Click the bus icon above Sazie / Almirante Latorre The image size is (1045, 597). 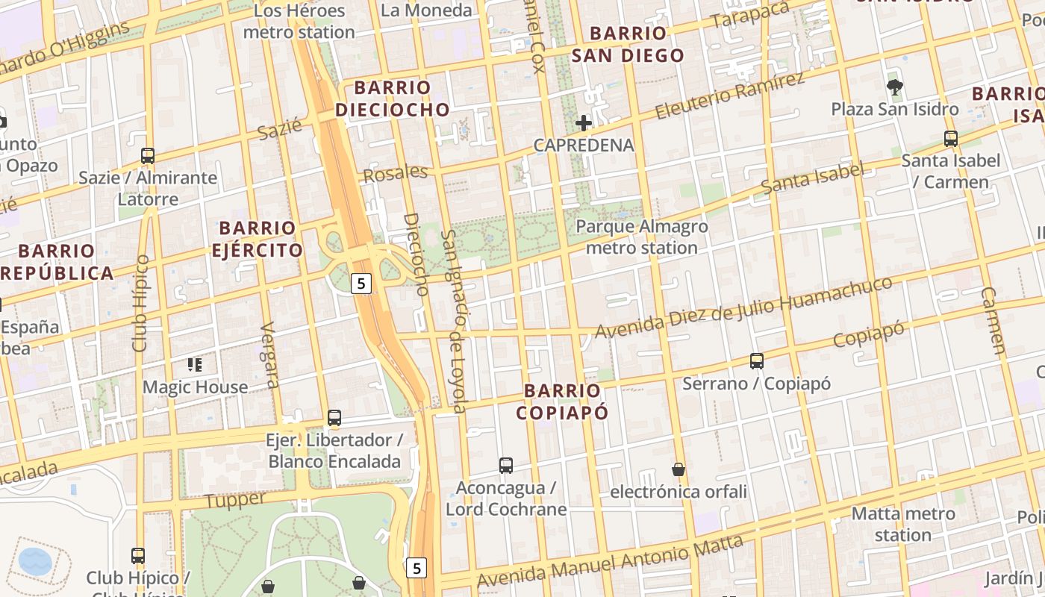point(148,156)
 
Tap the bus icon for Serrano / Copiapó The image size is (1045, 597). point(756,361)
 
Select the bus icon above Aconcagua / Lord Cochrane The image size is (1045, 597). point(506,466)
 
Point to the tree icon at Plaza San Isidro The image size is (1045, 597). point(894,87)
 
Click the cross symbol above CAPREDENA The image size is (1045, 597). point(584,123)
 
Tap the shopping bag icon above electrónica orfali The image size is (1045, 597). point(679,469)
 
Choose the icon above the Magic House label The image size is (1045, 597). point(195,365)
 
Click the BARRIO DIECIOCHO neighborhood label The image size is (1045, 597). point(393,99)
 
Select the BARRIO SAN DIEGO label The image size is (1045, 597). point(627,44)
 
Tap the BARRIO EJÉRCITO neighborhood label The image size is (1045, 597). point(258,239)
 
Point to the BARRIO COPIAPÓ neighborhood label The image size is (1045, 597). point(562,401)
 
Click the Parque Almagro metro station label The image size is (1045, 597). point(642,237)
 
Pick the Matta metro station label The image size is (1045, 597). point(903,524)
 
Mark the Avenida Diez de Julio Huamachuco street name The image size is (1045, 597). point(743,307)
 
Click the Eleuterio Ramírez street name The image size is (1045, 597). point(730,96)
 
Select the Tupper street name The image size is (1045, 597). point(235,500)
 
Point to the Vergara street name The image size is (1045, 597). point(269,355)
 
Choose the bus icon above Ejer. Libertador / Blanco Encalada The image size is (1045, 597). point(334,418)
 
